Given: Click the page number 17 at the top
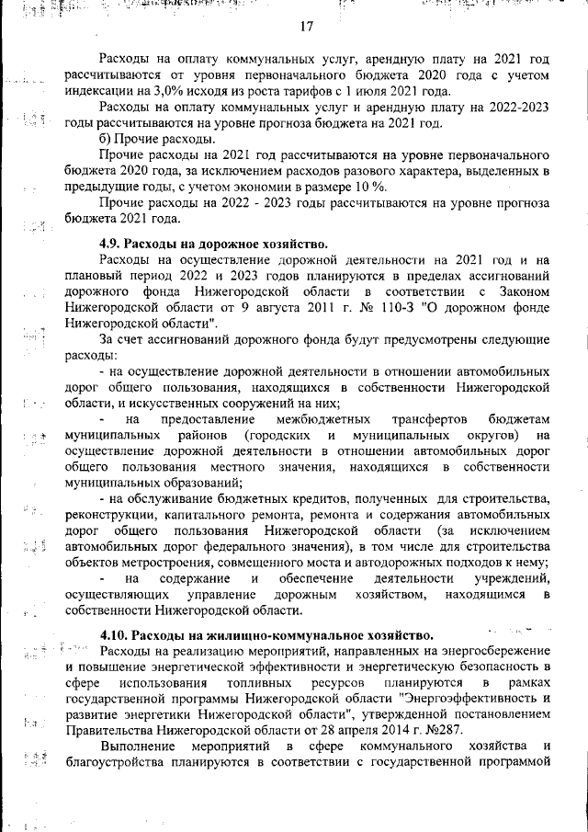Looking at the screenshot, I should point(307,26).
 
